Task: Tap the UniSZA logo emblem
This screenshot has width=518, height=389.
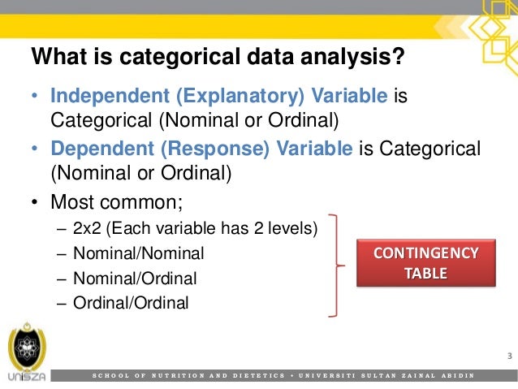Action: point(24,348)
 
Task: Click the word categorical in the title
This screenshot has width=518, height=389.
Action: point(165,59)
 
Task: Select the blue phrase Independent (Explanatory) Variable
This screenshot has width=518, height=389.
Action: point(218,97)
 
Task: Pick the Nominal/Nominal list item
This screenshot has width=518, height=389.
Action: point(138,254)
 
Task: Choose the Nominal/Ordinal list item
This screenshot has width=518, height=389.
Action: point(135,279)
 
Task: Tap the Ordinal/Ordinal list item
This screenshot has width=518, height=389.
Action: point(131,303)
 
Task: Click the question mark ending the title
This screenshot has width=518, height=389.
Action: point(398,59)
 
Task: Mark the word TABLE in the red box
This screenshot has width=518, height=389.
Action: point(426,274)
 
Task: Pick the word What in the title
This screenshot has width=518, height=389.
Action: point(54,59)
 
